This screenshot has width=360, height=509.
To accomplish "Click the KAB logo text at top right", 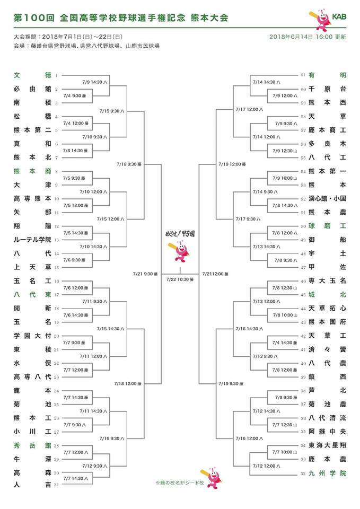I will [x=339, y=17].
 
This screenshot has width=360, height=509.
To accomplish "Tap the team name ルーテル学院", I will [x=32, y=240].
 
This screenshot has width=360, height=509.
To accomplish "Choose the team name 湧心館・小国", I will [x=327, y=198].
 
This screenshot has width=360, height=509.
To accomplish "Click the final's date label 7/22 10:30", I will [x=179, y=279].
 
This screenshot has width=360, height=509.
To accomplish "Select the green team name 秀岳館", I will [x=32, y=446].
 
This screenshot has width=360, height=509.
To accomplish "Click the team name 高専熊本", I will [x=32, y=198].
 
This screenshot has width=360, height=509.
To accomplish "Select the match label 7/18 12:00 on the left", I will [x=127, y=383].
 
